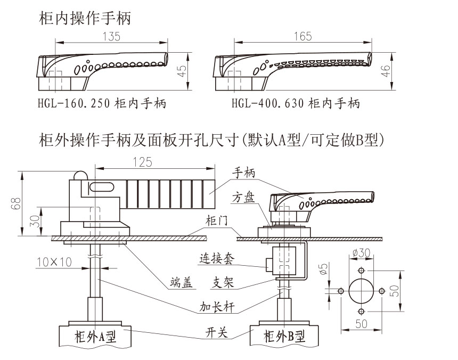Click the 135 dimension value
111,37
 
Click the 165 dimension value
301,37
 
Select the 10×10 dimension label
53,262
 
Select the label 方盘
243,198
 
